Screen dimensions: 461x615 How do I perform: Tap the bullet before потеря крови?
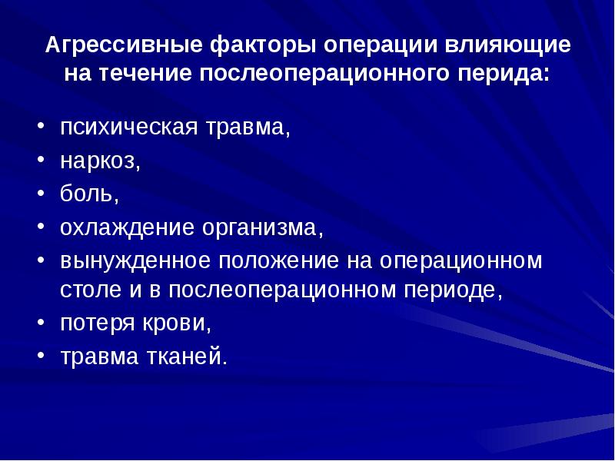[41, 323]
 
